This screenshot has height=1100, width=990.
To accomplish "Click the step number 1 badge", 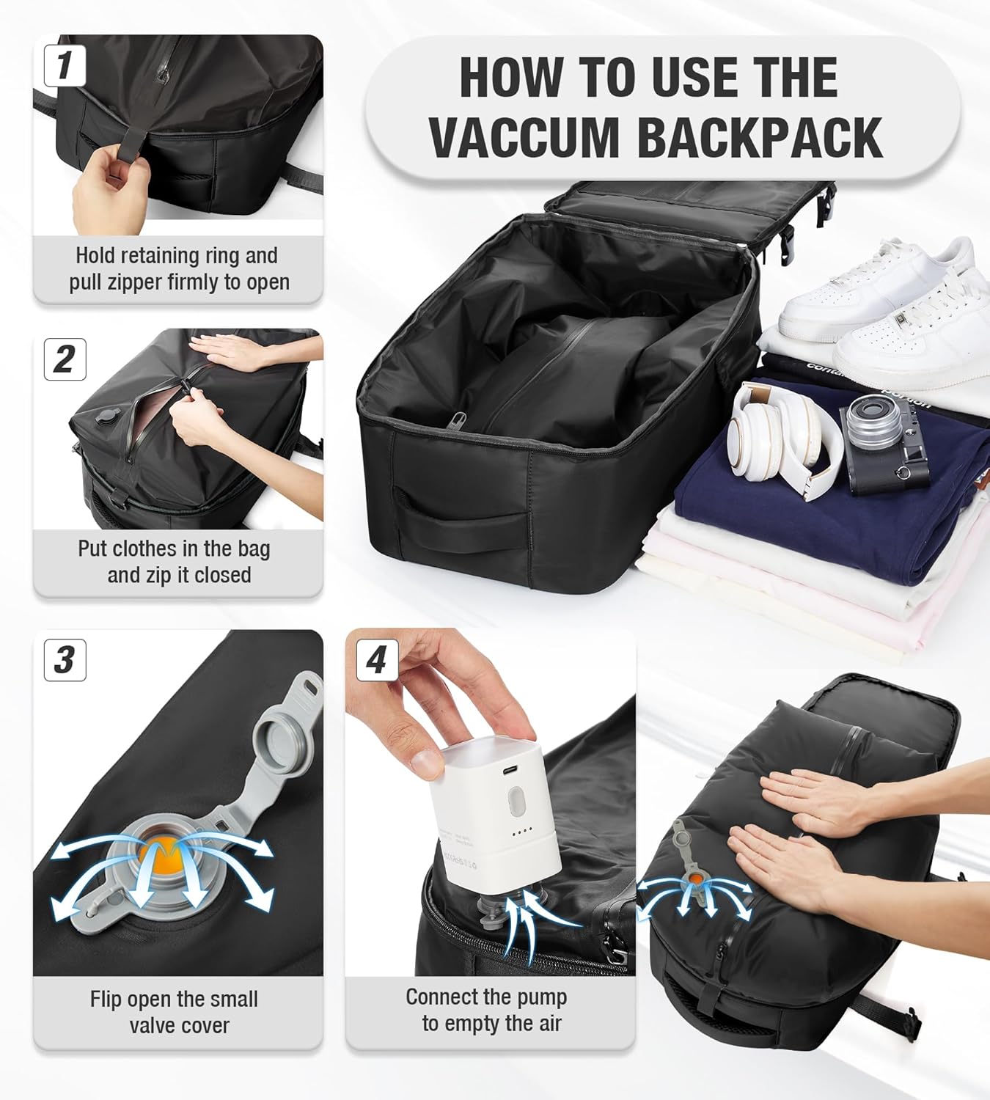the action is (65, 66).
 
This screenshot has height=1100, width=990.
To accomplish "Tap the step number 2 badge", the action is (65, 360).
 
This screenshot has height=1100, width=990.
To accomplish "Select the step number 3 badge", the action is (65, 660).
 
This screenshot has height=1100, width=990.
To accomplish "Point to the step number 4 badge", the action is (378, 660).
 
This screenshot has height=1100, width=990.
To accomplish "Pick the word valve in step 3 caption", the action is (151, 1025).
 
